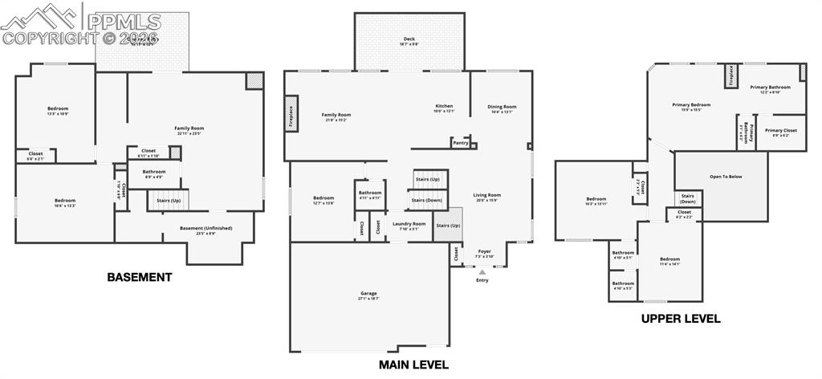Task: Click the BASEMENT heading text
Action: pyautogui.click(x=140, y=277)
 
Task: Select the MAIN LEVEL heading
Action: pyautogui.click(x=413, y=365)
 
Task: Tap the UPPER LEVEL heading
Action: pyautogui.click(x=680, y=319)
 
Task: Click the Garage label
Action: pyautogui.click(x=368, y=295)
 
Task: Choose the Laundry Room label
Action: pyautogui.click(x=404, y=226)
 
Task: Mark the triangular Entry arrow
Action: pyautogui.click(x=482, y=272)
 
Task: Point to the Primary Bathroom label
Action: pyautogui.click(x=771, y=88)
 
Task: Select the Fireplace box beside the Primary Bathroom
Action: pyautogui.click(x=731, y=75)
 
